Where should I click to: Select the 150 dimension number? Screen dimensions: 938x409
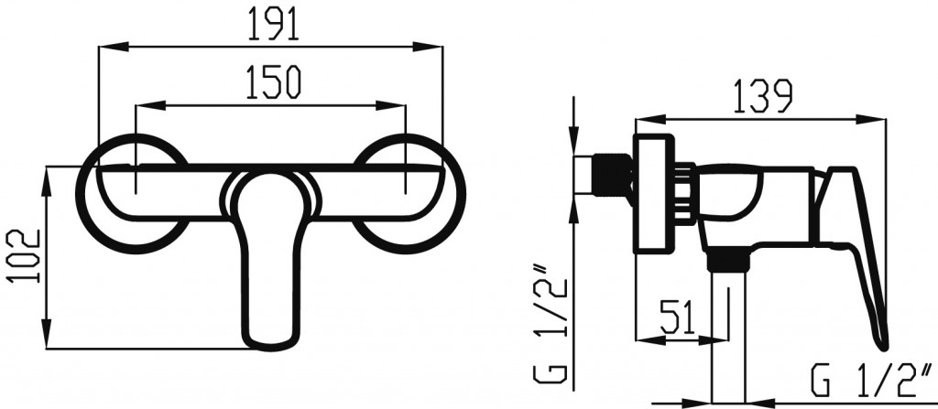[x=273, y=82]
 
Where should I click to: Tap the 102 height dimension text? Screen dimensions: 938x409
[x=24, y=256]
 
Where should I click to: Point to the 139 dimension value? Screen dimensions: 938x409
[x=762, y=96]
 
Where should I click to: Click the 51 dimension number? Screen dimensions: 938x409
[x=679, y=317]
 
